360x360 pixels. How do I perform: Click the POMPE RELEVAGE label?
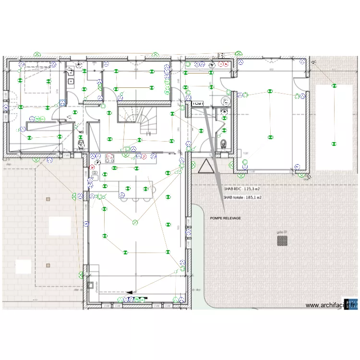225,218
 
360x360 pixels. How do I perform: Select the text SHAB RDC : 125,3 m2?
242,190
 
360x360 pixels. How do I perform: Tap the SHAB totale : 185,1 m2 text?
243,197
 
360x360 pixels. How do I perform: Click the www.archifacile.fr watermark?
331,305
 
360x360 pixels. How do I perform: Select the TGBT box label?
197,104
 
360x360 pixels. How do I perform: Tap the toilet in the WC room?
223,143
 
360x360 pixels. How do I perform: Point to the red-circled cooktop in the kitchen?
109,157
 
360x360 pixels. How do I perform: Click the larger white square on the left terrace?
60,225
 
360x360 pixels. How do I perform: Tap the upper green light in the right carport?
334,85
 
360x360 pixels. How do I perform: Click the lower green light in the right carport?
334,143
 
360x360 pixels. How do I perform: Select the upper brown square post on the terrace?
47,199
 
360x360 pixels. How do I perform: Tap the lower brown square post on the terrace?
48,265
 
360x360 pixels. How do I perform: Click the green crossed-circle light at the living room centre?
135,222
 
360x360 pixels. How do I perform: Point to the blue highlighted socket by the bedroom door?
62,103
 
